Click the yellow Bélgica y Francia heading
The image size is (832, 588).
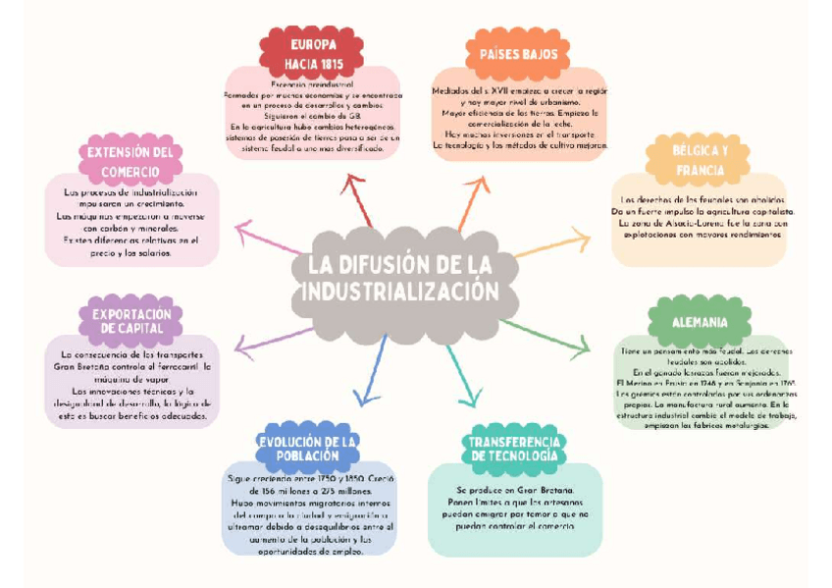click(700, 161)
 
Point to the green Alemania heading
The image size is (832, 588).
click(700, 322)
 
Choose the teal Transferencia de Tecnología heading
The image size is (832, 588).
click(514, 449)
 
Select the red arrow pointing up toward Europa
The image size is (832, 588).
click(357, 200)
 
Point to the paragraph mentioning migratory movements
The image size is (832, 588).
click(310, 514)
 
